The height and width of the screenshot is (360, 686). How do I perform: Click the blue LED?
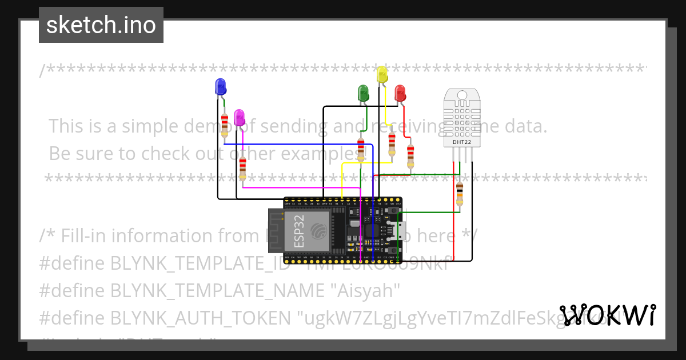tap(220, 87)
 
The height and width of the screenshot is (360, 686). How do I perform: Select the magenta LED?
tap(240, 117)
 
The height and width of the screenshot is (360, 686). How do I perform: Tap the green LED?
tap(362, 93)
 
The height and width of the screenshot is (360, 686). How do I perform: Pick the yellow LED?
tap(382, 74)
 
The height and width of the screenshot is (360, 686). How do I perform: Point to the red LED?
tap(400, 93)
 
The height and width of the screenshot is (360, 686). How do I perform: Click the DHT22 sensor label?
tap(462, 142)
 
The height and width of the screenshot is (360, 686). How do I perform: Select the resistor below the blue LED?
tap(225, 124)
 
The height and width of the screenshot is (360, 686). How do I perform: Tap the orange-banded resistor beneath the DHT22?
tap(460, 194)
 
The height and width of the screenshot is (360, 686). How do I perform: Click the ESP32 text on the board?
tap(300, 230)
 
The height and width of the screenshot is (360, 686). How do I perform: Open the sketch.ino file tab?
tap(101, 25)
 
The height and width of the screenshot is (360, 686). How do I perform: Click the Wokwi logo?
tap(608, 315)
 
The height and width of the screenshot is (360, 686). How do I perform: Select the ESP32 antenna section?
tap(276, 230)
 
